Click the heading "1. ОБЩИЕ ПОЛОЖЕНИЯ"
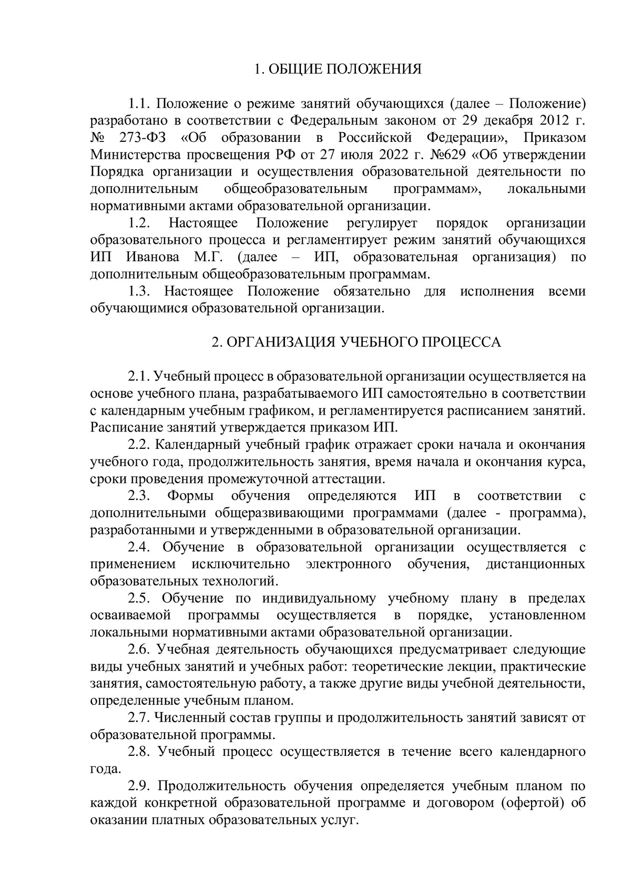coord(338,69)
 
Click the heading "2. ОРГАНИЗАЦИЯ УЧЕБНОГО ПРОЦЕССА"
coord(356,342)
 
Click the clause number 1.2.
coord(140,223)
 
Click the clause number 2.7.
coord(140,717)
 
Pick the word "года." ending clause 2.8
coord(106,769)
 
